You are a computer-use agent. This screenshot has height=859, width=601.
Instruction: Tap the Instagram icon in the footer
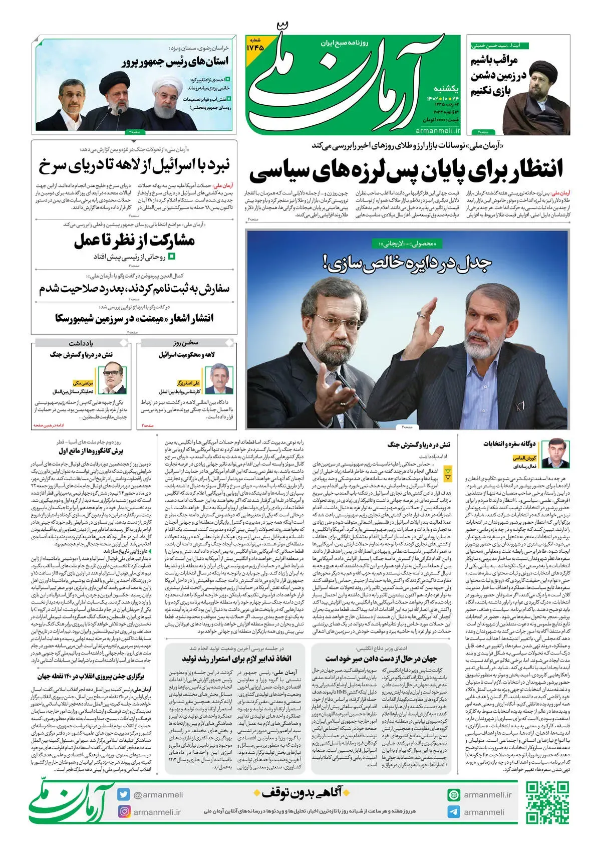(124, 812)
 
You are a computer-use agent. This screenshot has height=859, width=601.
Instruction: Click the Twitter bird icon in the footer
(124, 795)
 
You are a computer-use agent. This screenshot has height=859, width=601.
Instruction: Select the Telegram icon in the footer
(454, 812)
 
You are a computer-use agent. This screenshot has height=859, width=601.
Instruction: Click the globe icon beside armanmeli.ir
(454, 795)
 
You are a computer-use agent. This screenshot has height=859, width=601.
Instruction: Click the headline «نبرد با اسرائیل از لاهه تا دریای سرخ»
(134, 165)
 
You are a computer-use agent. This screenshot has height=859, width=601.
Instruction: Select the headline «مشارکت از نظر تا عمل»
(135, 241)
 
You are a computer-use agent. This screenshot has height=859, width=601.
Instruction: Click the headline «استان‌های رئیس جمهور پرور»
(175, 62)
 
